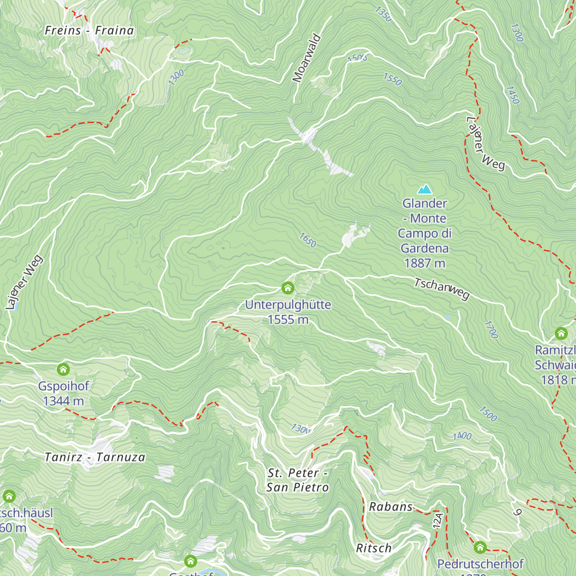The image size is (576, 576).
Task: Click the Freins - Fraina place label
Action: (x=89, y=31)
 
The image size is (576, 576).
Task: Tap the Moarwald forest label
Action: (x=307, y=58)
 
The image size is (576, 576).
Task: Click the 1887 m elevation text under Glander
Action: (x=424, y=263)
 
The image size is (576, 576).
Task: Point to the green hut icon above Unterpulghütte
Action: (x=288, y=288)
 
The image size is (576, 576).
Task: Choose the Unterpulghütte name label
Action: (x=288, y=305)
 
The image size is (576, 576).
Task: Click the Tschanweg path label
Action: (x=442, y=288)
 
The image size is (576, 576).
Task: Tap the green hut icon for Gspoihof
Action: (x=63, y=370)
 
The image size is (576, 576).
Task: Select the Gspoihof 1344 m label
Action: (x=63, y=393)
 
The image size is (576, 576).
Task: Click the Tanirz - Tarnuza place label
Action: (x=95, y=457)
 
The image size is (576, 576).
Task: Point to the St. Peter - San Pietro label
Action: (x=298, y=480)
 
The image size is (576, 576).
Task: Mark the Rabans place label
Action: (x=391, y=507)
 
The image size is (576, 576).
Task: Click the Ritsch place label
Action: (x=373, y=548)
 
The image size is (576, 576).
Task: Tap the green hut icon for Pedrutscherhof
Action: (x=480, y=547)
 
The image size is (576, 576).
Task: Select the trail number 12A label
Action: (x=437, y=520)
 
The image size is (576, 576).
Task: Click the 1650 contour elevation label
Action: (x=308, y=240)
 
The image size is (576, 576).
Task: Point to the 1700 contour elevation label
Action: (x=491, y=330)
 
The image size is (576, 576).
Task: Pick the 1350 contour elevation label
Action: (x=384, y=13)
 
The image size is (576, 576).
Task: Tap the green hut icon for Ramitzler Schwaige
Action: (x=561, y=333)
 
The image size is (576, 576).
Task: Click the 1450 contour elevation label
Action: (x=513, y=95)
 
